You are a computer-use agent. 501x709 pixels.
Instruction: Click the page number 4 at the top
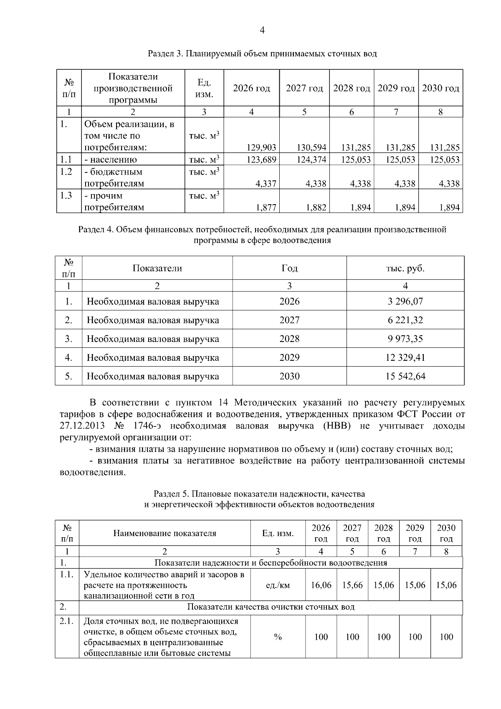point(262,30)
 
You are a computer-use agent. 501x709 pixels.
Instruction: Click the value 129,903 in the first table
point(262,147)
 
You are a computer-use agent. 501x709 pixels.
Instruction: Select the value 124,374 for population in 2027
point(311,160)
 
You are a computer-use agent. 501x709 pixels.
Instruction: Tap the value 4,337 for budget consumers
point(267,184)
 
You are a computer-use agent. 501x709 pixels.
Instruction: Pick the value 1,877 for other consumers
point(267,208)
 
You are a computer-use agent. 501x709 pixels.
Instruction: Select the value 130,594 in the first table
point(311,147)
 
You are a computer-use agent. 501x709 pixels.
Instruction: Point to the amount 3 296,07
point(405,301)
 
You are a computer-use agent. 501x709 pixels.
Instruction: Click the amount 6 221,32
point(405,320)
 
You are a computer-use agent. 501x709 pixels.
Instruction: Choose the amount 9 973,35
point(405,339)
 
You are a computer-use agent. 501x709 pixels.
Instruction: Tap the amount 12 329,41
point(405,357)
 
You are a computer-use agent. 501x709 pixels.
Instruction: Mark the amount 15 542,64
point(405,376)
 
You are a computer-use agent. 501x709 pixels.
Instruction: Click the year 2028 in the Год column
point(289,339)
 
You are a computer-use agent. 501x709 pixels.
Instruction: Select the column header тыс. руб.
point(405,268)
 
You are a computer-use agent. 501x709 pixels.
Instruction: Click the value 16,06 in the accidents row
point(321,585)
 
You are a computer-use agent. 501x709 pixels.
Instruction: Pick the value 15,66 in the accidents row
point(352,585)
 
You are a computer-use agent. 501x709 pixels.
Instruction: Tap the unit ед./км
point(278,585)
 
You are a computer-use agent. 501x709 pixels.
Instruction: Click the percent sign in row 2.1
point(278,637)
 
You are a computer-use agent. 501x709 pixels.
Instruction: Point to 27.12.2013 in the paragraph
point(80,426)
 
